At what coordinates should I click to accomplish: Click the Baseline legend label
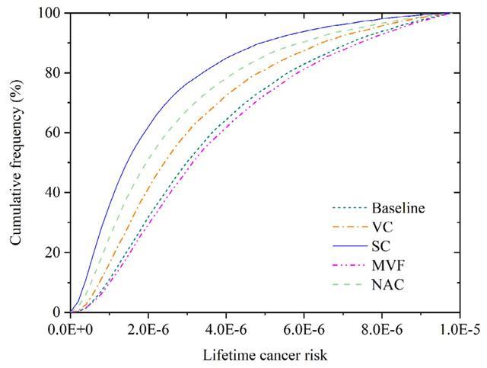pyautogui.click(x=398, y=207)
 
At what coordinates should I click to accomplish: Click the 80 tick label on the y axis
pyautogui.click(x=54, y=73)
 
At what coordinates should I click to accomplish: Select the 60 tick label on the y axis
pyautogui.click(x=54, y=133)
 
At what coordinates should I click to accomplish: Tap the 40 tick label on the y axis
pyautogui.click(x=54, y=193)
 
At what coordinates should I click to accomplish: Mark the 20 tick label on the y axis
pyautogui.click(x=54, y=252)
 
